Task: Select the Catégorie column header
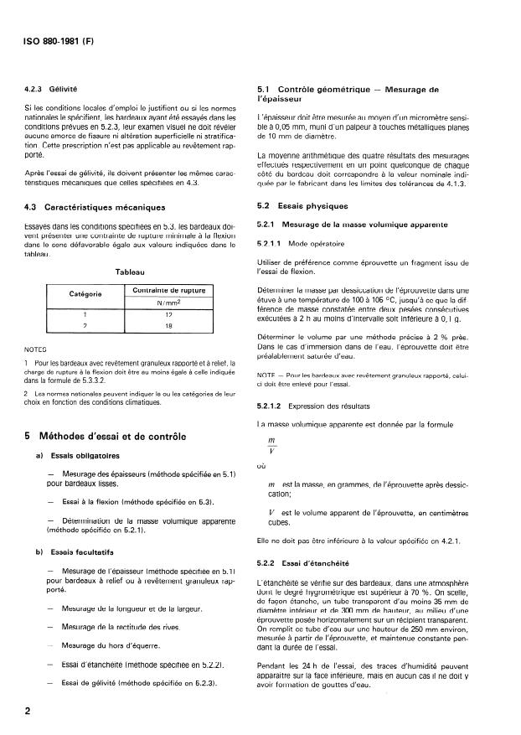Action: pyautogui.click(x=85, y=294)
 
